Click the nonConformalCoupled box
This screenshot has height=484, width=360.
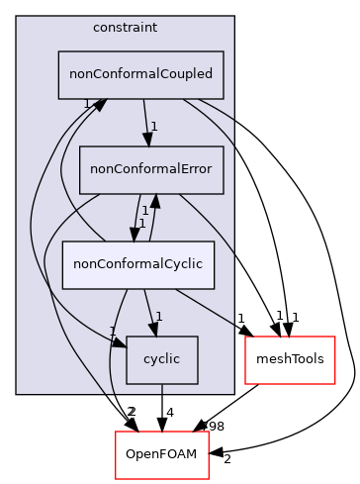[x=140, y=75]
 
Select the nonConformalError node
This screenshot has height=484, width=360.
[x=151, y=169]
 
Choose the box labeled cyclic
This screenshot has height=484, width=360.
[x=161, y=359]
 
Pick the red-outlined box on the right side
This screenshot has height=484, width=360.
[x=290, y=360]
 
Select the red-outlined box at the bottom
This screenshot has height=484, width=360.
[x=161, y=454]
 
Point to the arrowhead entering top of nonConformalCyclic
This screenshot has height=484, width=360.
[x=132, y=235]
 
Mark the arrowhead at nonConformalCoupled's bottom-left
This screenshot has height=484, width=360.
[x=100, y=105]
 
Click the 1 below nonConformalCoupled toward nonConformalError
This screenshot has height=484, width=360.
[x=155, y=126]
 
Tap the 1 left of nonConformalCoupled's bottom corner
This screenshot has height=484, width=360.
[x=87, y=104]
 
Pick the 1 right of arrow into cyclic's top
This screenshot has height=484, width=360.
[x=158, y=317]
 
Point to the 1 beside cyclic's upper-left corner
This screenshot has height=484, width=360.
[x=113, y=332]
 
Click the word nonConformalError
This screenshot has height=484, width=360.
[x=151, y=169]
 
